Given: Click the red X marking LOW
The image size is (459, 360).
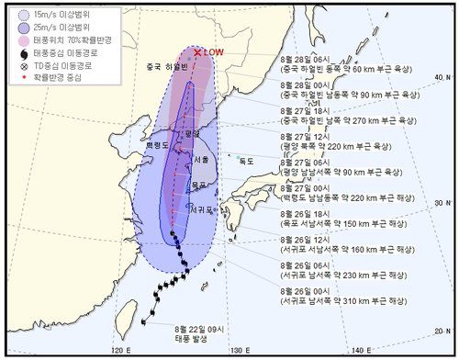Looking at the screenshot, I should (x=197, y=52).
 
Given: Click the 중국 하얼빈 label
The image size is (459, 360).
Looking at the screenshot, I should (x=167, y=67).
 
